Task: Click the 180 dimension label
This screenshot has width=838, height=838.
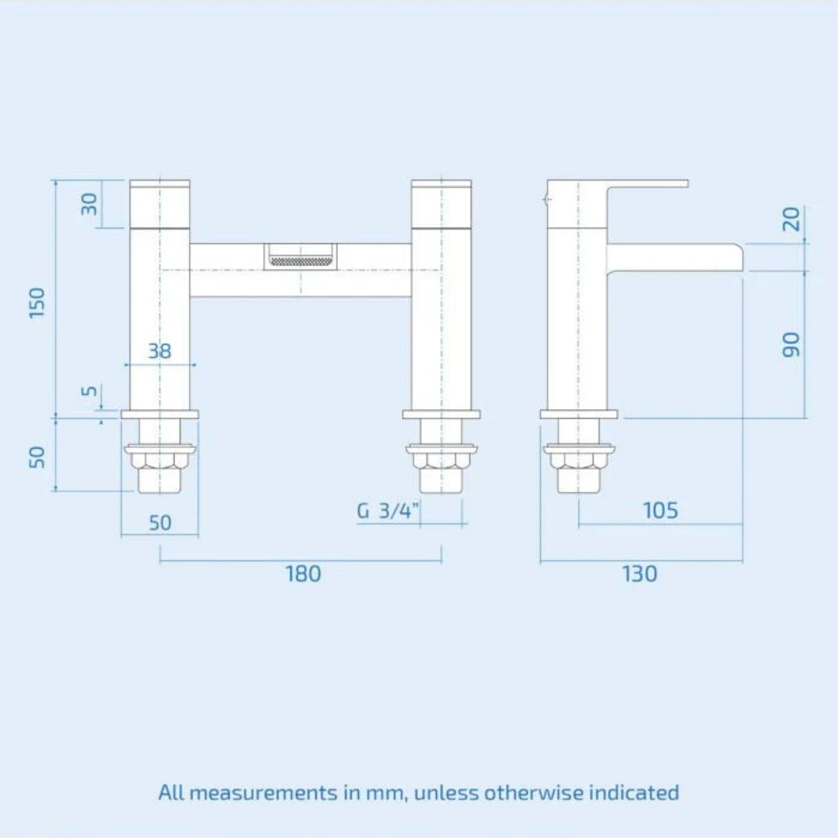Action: [x=303, y=574]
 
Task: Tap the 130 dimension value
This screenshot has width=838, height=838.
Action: [x=639, y=574]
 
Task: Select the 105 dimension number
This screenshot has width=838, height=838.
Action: [x=660, y=511]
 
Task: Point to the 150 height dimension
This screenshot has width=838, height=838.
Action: [x=38, y=302]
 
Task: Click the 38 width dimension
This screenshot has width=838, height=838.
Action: [x=159, y=351]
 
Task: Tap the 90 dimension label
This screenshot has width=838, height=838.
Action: [x=791, y=345]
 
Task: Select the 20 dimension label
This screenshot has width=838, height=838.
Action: [x=791, y=219]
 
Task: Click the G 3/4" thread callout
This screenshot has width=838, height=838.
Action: [x=388, y=510]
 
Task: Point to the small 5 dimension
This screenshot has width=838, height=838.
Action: [x=90, y=391]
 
